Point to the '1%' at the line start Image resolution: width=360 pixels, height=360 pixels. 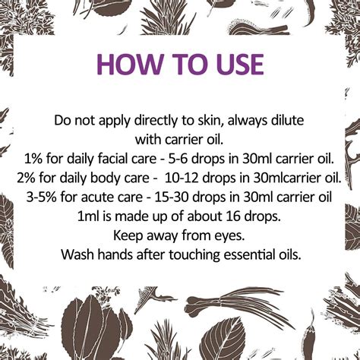click(x=34, y=159)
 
